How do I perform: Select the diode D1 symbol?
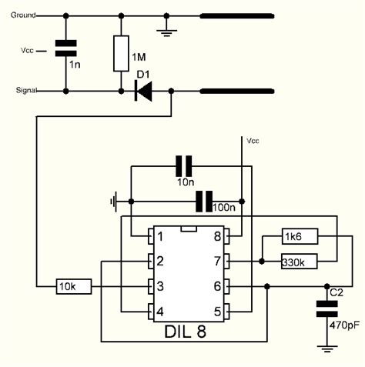[143, 91]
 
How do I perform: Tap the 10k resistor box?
[74, 287]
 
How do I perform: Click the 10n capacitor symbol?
[183, 165]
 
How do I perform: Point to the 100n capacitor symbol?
[203, 202]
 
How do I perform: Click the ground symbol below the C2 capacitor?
[327, 348]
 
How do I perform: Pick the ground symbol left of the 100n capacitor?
[114, 202]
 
